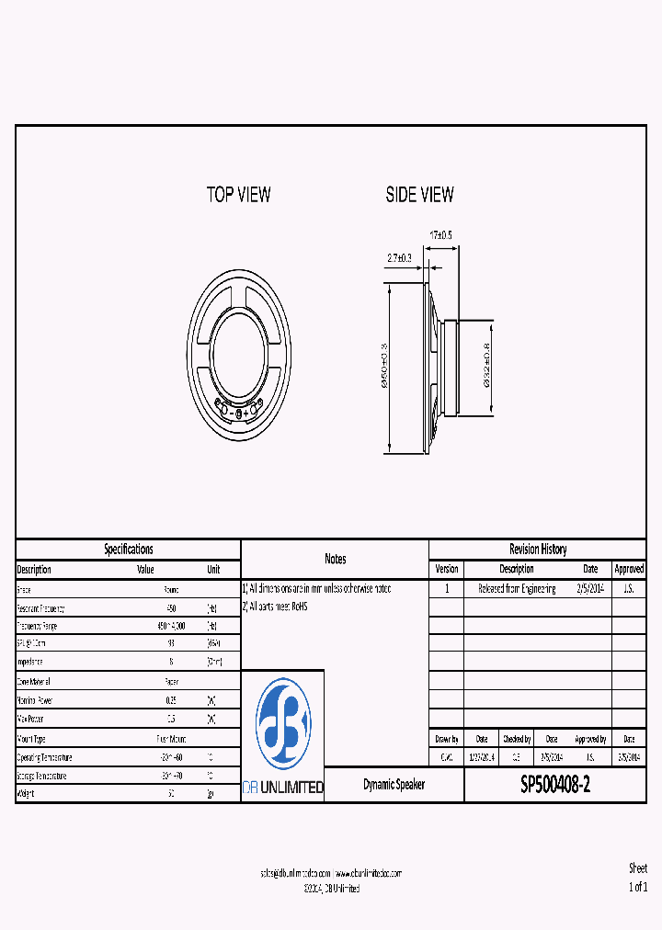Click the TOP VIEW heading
point(238,194)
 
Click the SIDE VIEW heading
point(419,194)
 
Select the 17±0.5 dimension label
point(442,235)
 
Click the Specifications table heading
point(129,550)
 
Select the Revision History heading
point(538,550)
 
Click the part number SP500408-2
point(555,785)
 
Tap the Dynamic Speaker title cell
point(394,785)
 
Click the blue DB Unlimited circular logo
point(283,723)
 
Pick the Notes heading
point(336,559)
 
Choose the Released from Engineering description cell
point(517,589)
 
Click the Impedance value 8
point(171,662)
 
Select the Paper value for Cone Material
point(171,682)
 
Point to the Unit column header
point(213,570)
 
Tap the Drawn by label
point(446,739)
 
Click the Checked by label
point(517,739)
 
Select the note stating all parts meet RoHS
point(276,607)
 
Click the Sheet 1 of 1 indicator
point(638,878)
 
